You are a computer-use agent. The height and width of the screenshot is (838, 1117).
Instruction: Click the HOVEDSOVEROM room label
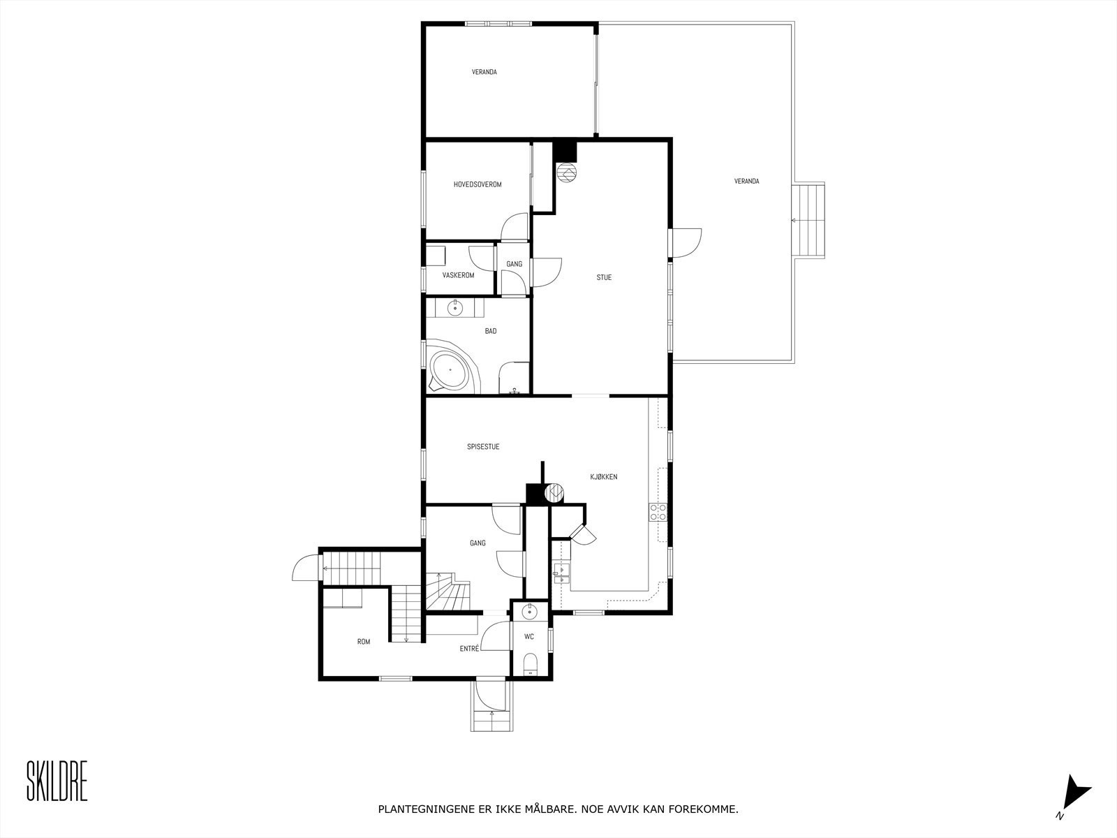click(x=478, y=184)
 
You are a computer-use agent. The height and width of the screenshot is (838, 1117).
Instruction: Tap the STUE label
click(x=604, y=277)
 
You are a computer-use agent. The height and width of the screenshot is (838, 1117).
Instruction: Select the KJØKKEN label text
click(x=603, y=477)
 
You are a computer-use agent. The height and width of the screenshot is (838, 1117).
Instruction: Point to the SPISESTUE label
click(x=483, y=447)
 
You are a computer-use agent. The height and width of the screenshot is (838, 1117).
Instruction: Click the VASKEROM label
click(x=458, y=275)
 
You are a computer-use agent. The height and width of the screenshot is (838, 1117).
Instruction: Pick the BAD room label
click(x=491, y=331)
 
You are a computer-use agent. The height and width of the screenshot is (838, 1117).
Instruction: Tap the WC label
click(x=529, y=636)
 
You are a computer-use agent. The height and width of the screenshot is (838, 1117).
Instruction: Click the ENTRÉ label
click(x=469, y=649)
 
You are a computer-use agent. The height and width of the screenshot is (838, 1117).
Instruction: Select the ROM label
click(x=364, y=641)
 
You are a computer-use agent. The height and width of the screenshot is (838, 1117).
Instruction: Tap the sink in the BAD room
click(x=456, y=307)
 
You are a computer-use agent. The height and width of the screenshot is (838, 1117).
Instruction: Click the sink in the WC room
click(x=530, y=612)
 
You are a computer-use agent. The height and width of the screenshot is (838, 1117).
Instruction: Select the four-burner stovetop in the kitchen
click(x=658, y=513)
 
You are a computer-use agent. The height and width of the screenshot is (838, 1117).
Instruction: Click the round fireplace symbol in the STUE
click(x=567, y=172)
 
